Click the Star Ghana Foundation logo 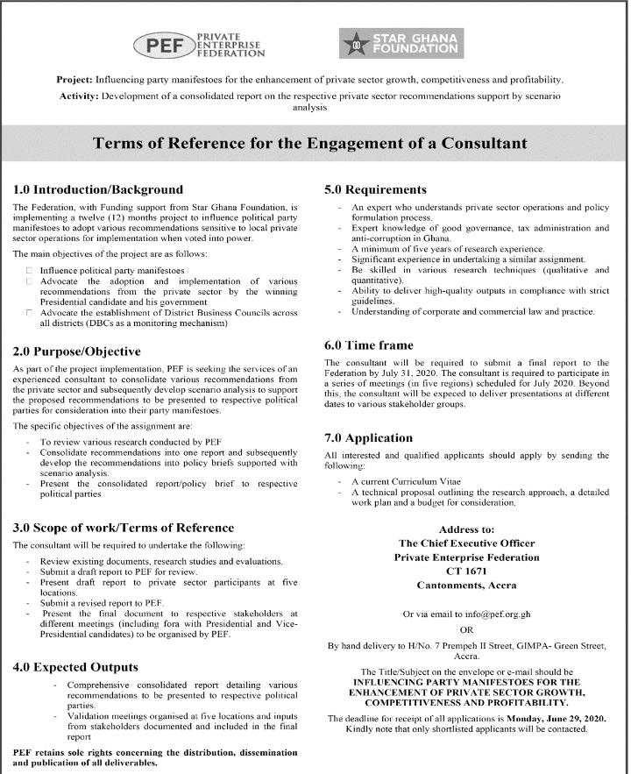tap(401, 44)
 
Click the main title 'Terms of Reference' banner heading tap(315, 142)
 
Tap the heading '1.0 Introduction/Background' tap(99, 189)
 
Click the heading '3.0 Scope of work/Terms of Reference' tap(124, 528)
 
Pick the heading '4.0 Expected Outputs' tap(75, 667)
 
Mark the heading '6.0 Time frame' tap(368, 345)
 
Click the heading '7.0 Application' tap(369, 437)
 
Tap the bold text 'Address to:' tap(465, 529)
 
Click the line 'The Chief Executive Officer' tap(466, 543)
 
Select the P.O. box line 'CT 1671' tap(466, 571)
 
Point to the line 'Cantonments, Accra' tap(466, 585)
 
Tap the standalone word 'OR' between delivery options tap(466, 629)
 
